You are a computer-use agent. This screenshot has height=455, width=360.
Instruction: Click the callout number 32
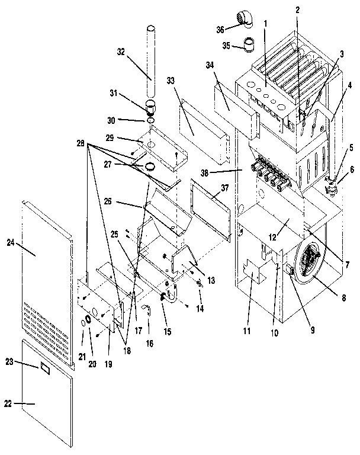(x=121, y=52)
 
